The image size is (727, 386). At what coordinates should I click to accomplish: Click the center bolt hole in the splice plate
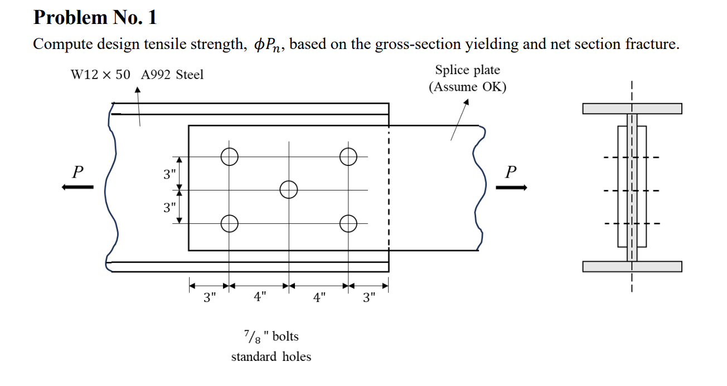[x=288, y=190]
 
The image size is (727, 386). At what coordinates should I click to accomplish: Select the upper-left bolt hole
[x=229, y=157]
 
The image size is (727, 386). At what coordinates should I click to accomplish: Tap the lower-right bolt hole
[x=348, y=223]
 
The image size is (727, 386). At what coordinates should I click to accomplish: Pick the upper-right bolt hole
[x=348, y=157]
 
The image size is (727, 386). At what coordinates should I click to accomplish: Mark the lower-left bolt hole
[x=229, y=223]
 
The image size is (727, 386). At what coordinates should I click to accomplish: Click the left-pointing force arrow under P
[x=77, y=187]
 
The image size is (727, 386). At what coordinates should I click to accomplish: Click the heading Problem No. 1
[x=95, y=18]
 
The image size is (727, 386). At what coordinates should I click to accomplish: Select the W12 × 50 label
[x=100, y=75]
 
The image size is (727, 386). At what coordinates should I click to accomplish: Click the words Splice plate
[x=467, y=70]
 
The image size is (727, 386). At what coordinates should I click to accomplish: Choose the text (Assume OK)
[x=467, y=87]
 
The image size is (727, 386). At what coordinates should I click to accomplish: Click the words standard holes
[x=271, y=356]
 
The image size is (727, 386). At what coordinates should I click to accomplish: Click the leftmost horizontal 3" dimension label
[x=209, y=297]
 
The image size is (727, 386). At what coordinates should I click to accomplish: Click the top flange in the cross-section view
[x=632, y=108]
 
